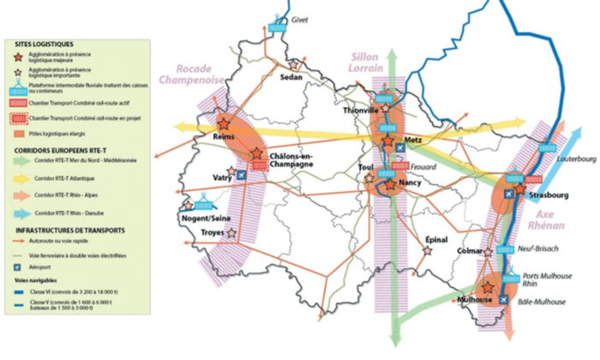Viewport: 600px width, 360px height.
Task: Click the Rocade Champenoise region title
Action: (x=201, y=75)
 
